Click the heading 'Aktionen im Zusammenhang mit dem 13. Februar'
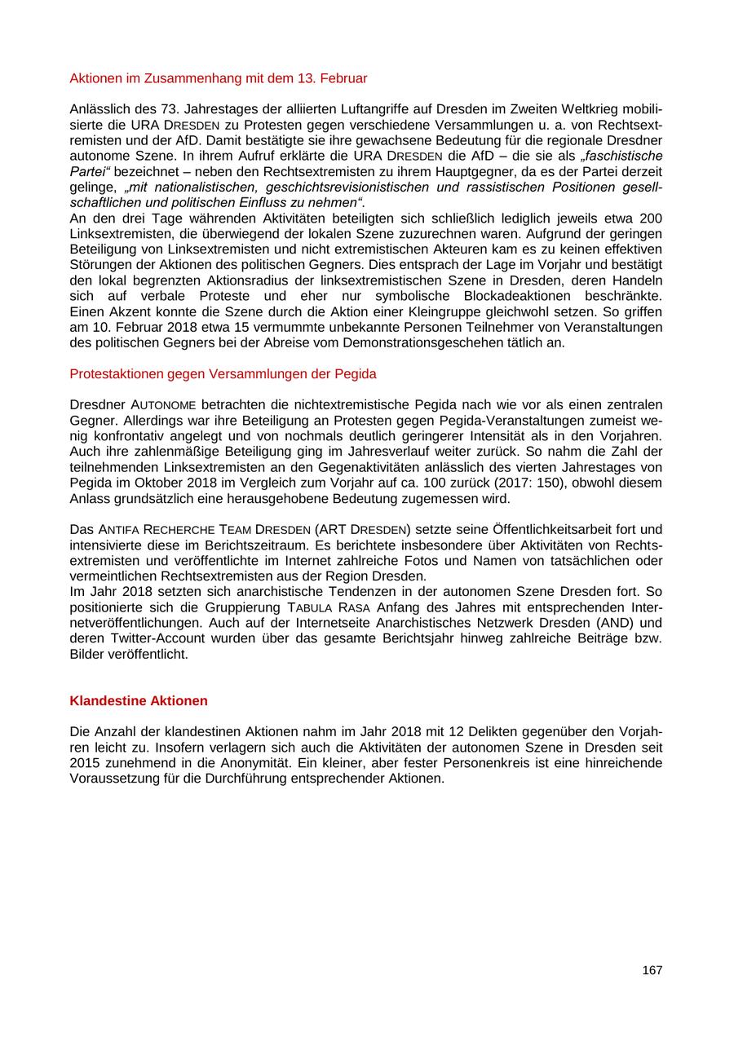click(219, 78)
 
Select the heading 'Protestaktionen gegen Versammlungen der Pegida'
click(223, 374)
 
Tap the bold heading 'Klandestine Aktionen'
click(139, 701)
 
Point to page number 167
click(652, 970)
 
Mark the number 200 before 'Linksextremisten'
click(652, 218)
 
